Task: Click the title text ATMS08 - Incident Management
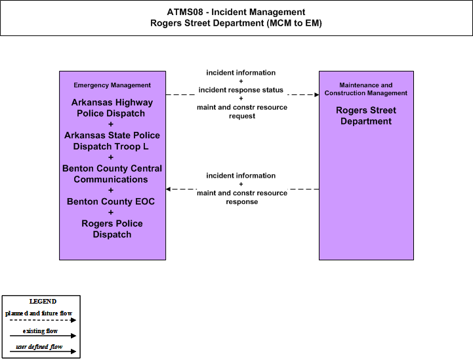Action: tap(236, 12)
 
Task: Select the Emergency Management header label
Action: tap(112, 85)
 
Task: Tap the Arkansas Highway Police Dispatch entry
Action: tap(112, 108)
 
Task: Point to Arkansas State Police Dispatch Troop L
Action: tap(112, 141)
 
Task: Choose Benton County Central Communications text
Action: tap(112, 174)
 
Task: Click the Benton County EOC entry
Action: tap(111, 201)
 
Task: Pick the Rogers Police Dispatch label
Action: tap(112, 229)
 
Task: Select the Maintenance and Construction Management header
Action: tap(366, 89)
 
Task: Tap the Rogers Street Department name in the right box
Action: tap(366, 115)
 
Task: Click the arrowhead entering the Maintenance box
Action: tap(317, 94)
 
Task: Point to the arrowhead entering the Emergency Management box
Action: tap(168, 189)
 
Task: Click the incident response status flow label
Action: tap(241, 90)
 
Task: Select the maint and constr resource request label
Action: tap(242, 111)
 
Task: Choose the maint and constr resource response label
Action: tap(242, 197)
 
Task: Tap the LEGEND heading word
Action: tap(43, 302)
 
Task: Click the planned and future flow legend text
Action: tap(39, 313)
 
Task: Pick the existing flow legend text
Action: tap(40, 331)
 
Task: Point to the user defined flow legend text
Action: tap(39, 347)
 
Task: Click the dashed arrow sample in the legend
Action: tap(43, 320)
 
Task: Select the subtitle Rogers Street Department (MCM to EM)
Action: tap(236, 23)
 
